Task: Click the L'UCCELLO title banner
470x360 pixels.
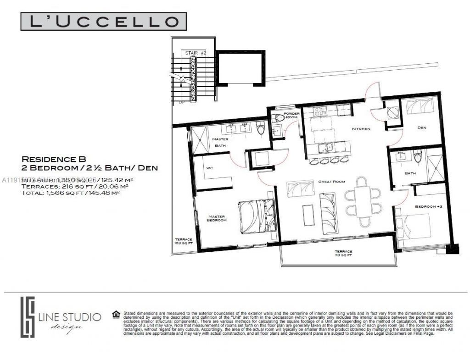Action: pos(103,22)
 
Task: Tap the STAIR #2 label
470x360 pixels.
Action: pos(196,53)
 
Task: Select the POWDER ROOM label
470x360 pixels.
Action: pos(291,115)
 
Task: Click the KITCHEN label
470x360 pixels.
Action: pos(361,129)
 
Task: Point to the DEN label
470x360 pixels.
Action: pos(422,128)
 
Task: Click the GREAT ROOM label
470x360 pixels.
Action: pos(331,182)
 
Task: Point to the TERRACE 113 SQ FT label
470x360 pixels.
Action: pos(343,253)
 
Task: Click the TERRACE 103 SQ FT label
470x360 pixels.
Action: pos(184,242)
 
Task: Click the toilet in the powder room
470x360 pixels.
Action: pos(278,118)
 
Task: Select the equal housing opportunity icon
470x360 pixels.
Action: pos(116,314)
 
